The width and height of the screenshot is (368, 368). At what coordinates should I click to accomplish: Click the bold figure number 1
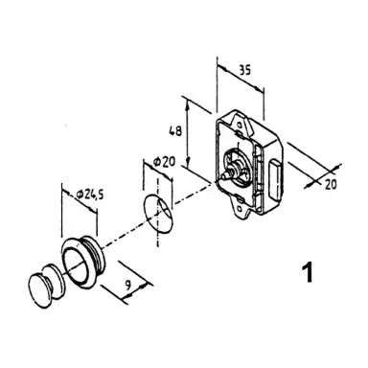308,272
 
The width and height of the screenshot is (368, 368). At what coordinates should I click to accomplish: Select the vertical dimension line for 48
188,139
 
